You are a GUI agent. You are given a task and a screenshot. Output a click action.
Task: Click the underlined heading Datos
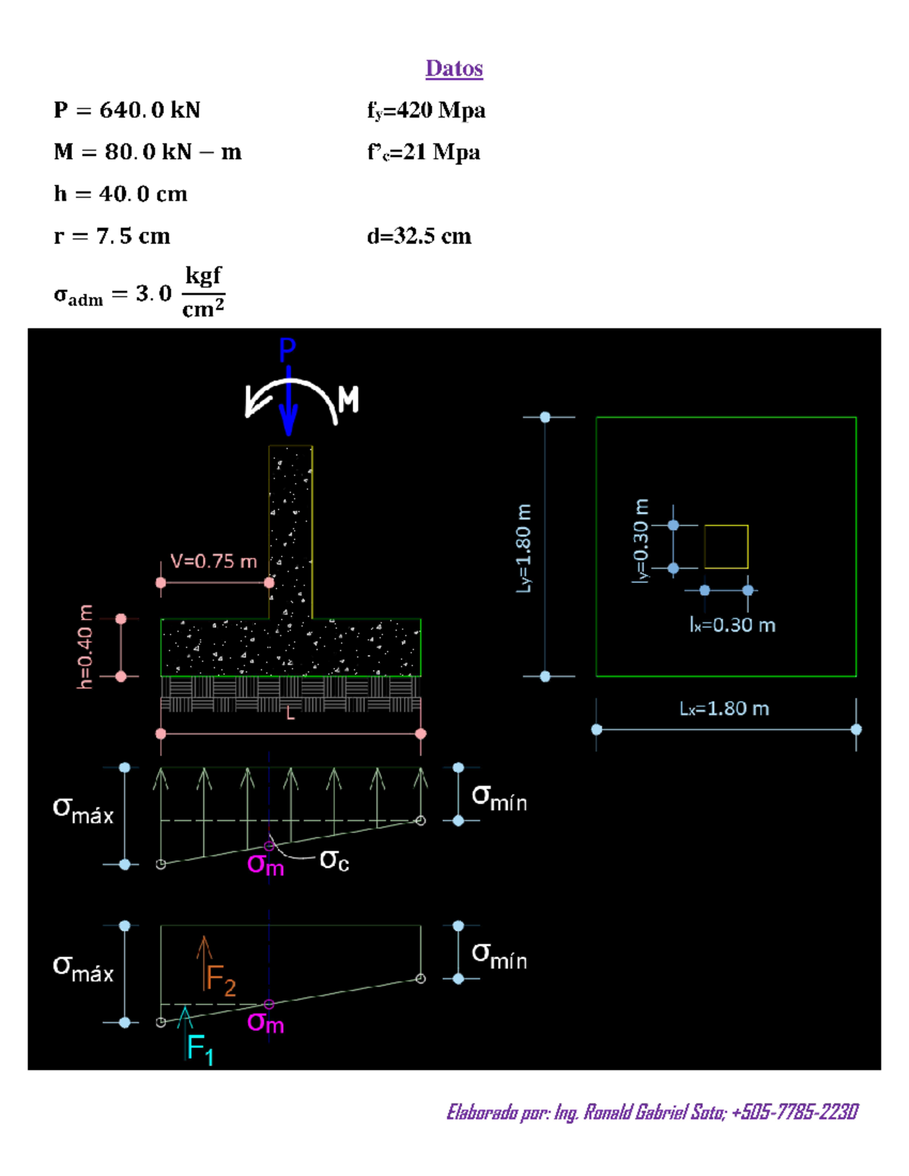454,68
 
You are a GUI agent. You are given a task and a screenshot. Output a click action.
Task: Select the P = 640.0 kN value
127,111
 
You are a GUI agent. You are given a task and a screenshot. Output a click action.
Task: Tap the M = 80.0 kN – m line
147,152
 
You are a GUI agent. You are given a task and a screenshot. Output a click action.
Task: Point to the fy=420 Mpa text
426,111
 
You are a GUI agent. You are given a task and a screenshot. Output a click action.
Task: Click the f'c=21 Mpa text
423,152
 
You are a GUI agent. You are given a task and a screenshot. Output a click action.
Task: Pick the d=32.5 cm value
419,236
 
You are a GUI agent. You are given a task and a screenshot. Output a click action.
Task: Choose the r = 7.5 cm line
111,236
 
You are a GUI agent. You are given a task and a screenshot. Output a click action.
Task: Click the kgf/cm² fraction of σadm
203,292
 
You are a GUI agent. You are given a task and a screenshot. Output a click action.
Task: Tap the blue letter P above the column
287,350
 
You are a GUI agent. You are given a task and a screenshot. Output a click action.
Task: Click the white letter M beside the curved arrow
348,399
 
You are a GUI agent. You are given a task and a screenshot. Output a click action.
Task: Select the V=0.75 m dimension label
214,561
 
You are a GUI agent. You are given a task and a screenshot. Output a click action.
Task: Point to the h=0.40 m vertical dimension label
85,647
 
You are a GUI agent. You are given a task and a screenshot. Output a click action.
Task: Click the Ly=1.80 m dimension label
523,547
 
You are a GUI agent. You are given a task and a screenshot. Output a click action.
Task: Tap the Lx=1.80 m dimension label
724,709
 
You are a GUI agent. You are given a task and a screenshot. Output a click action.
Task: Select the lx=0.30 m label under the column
733,625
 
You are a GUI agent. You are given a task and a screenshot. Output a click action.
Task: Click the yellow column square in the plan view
726,546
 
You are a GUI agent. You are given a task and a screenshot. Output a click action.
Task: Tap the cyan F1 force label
200,1050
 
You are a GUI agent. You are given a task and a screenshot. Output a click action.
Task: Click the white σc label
334,860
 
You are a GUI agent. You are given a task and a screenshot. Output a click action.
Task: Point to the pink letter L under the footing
290,713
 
